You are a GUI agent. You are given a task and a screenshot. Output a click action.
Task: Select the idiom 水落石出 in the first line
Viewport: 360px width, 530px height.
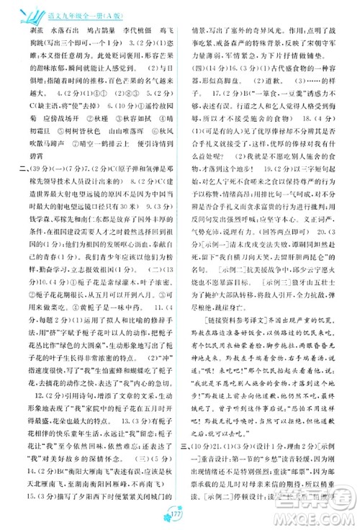coord(66,31)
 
